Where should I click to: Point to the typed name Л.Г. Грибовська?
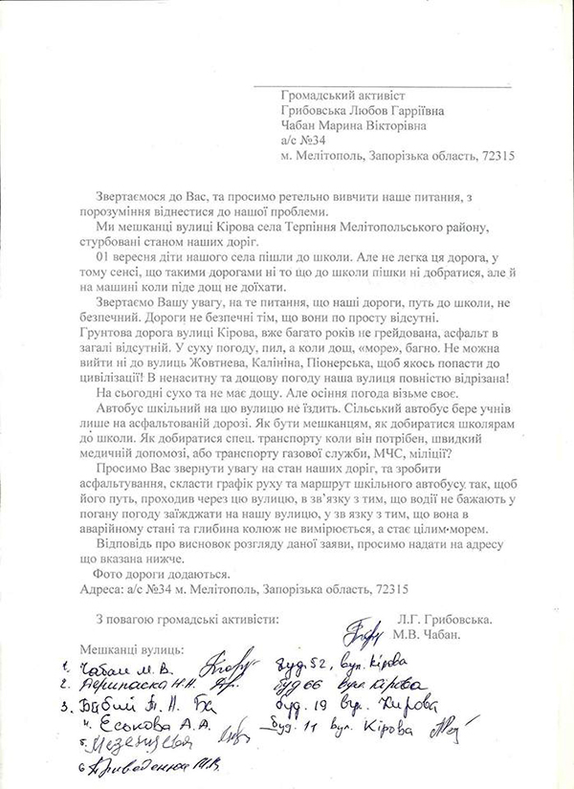452,620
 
